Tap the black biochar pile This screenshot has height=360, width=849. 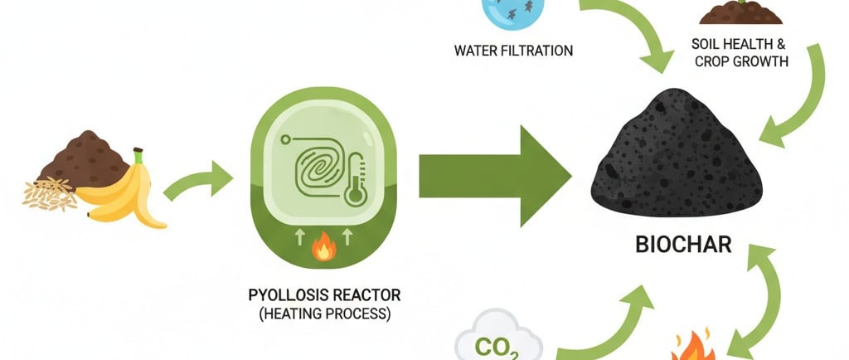pyautogui.click(x=677, y=165)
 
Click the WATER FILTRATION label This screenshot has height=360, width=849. pyautogui.click(x=513, y=51)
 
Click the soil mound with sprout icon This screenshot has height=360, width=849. pyautogui.click(x=740, y=12)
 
